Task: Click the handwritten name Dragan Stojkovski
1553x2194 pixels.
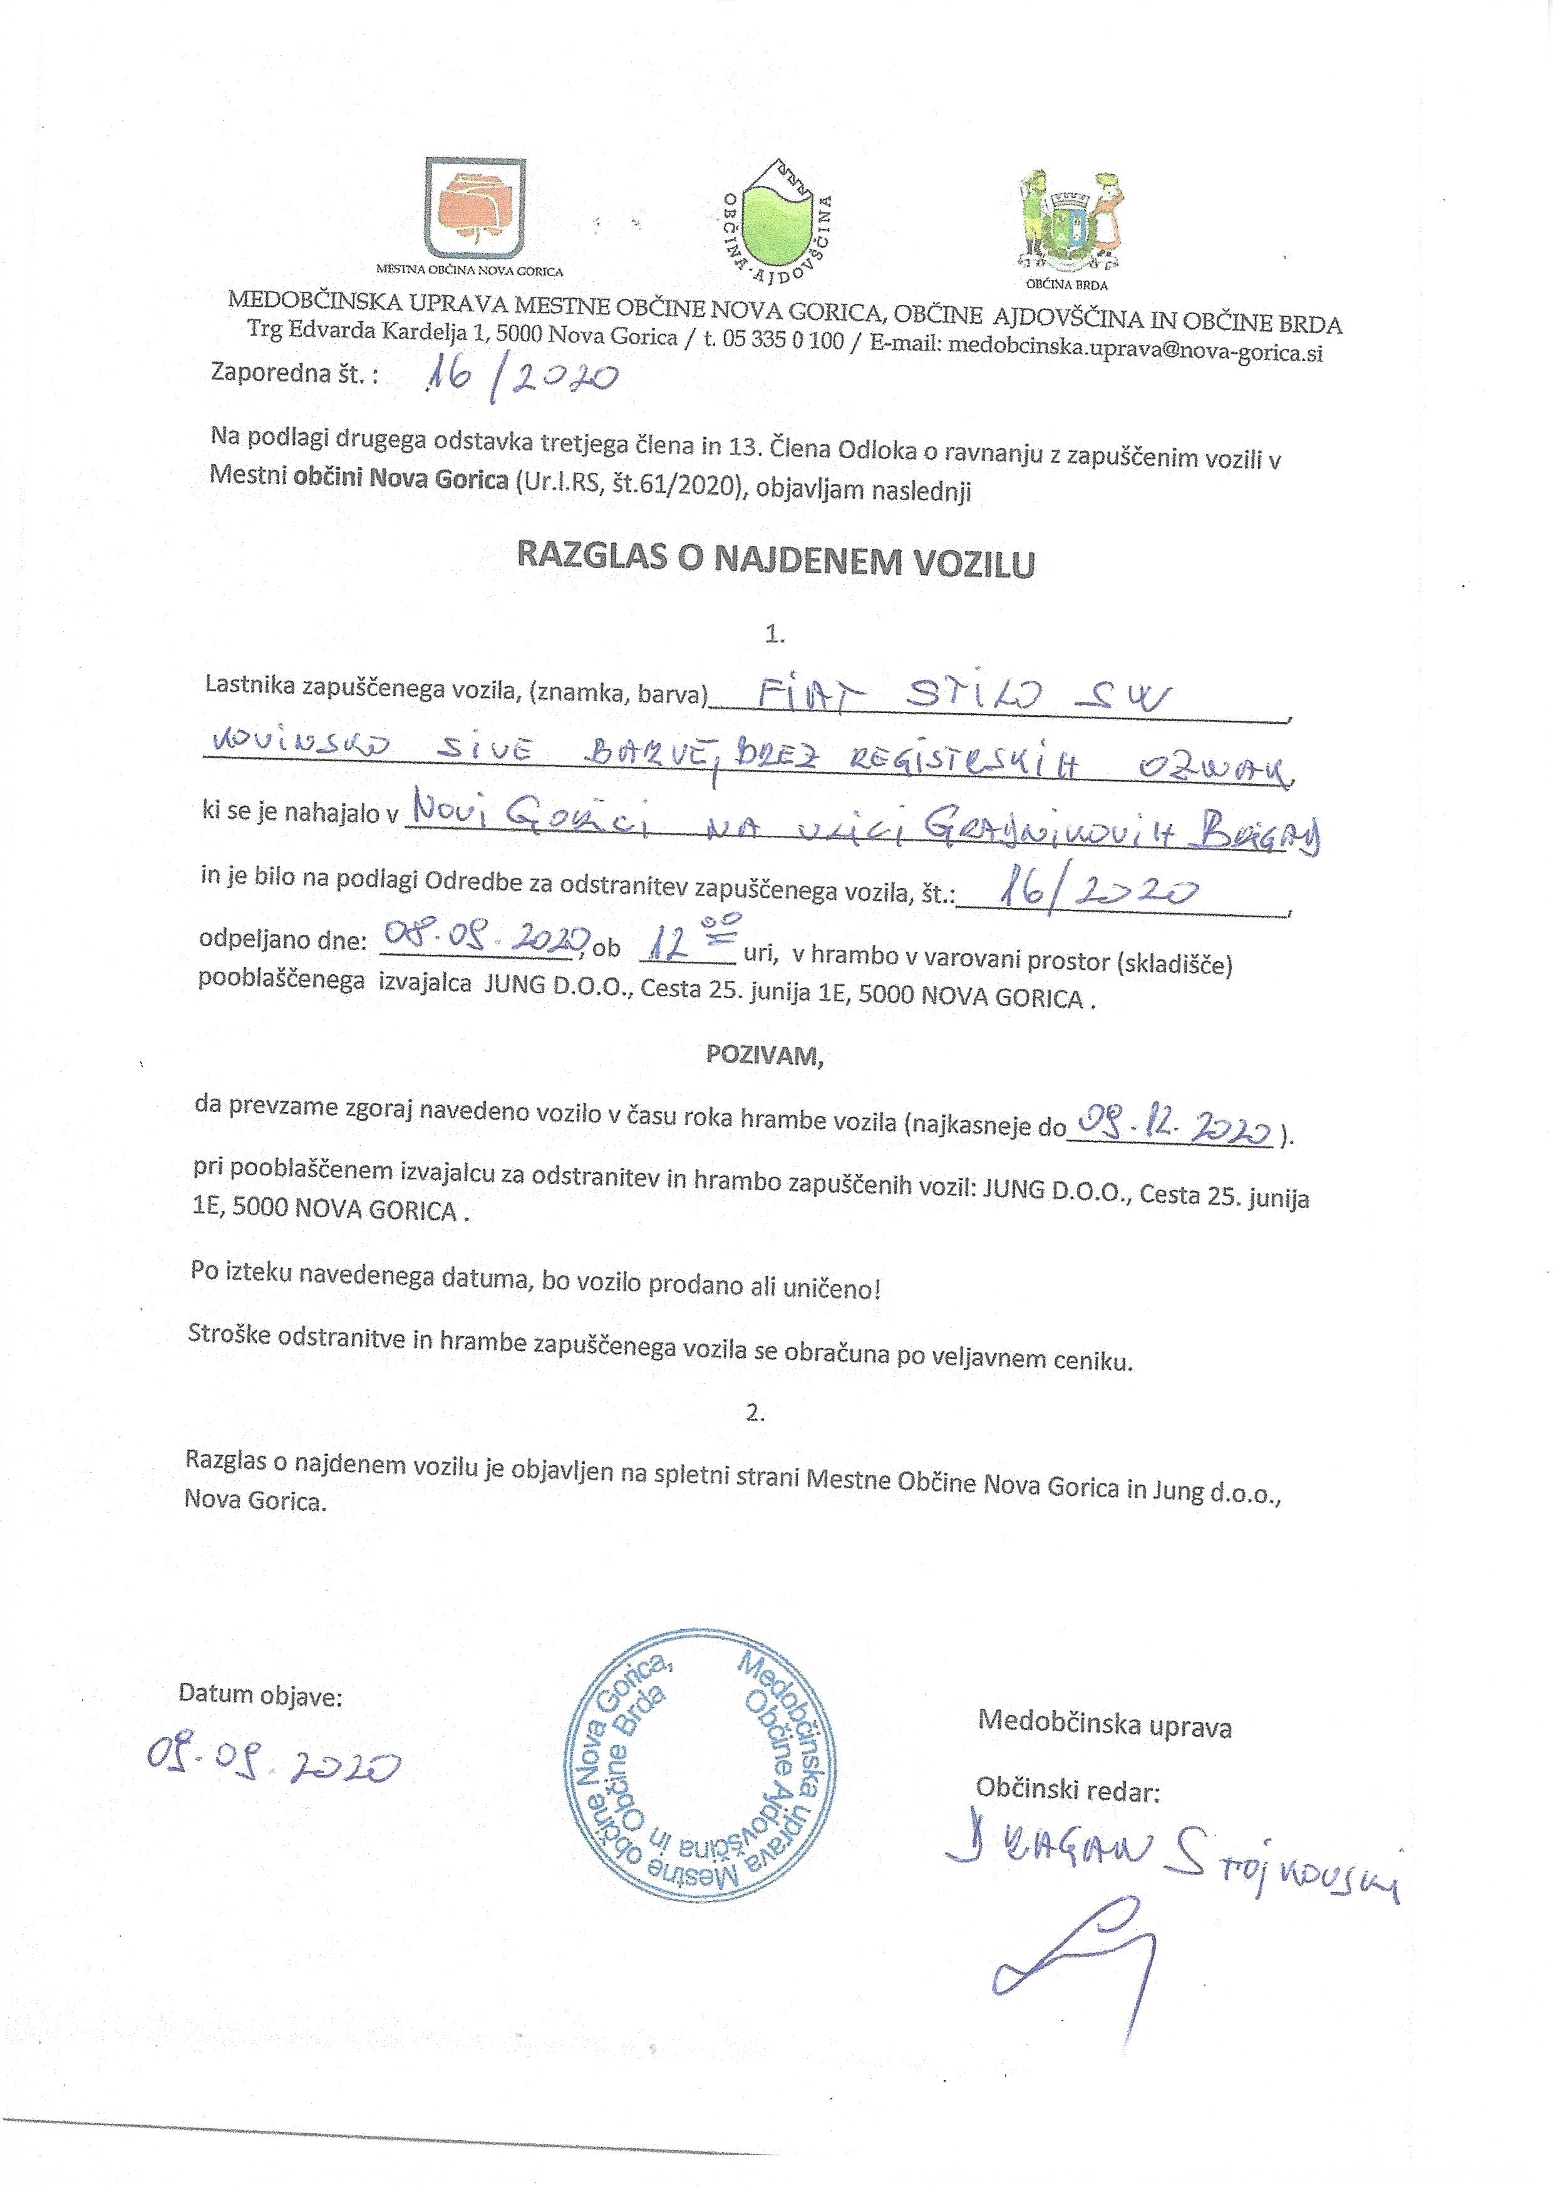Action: click(x=1172, y=1864)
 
